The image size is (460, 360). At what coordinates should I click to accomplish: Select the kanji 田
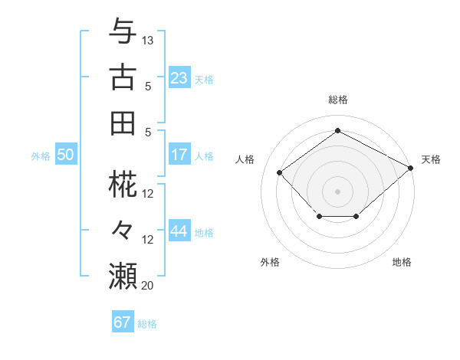coord(123,123)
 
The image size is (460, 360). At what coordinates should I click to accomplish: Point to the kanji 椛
coord(123,185)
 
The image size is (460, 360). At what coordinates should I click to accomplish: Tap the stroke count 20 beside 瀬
coord(148,285)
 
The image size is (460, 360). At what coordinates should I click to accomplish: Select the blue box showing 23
coord(179,78)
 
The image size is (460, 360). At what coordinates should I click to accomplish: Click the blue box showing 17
coord(179,155)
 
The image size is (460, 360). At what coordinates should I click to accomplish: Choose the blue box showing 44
coord(179,231)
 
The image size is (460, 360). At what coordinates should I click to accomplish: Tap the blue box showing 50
coord(65,155)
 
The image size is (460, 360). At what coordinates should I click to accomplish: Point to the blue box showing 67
coord(122,322)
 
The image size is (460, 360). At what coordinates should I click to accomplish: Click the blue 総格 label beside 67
coord(147,324)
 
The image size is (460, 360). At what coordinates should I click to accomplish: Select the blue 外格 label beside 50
coord(41,156)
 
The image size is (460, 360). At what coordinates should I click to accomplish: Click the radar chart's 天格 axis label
coord(431,159)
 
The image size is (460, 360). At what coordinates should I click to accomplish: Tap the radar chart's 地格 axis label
coord(402,262)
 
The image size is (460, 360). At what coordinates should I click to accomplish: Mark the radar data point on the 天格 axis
coord(411,168)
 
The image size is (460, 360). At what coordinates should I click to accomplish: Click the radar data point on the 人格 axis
coord(280,173)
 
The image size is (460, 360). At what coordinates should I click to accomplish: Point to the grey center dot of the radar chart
coord(337,191)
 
